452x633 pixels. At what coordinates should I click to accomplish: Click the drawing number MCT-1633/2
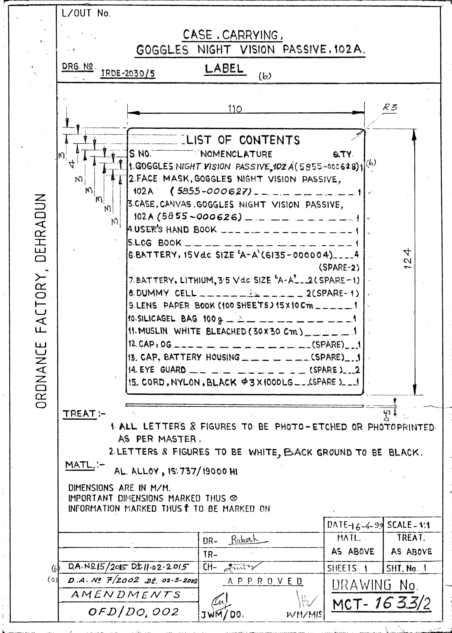[x=381, y=604]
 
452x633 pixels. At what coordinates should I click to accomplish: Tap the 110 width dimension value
[x=235, y=108]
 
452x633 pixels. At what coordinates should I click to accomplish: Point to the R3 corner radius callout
[x=390, y=107]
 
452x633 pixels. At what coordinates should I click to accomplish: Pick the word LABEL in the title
[x=224, y=69]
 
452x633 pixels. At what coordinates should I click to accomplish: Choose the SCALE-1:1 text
[x=408, y=525]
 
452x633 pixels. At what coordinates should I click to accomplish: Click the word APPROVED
[x=265, y=581]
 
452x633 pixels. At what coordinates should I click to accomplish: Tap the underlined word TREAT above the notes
[x=80, y=414]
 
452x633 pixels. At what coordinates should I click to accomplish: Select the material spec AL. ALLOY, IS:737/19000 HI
[x=176, y=471]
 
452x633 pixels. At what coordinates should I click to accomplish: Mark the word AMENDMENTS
[x=126, y=595]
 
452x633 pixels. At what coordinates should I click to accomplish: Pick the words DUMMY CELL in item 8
[x=166, y=293]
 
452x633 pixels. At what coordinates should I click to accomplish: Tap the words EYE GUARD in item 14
[x=163, y=370]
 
